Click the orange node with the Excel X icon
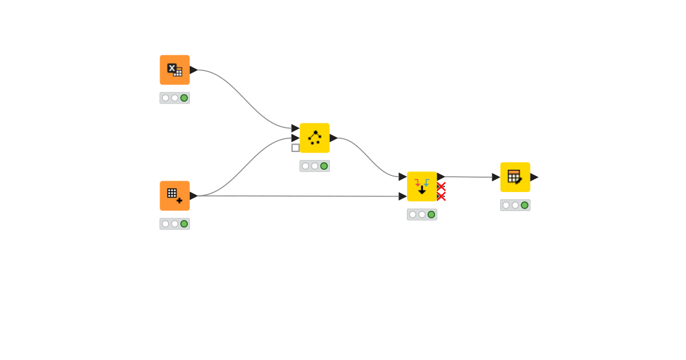174,70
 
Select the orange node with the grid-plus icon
174,195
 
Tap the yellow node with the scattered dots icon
314,138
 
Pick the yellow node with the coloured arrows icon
422,186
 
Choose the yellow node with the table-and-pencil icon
515,177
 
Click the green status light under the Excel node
184,98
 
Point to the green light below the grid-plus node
184,223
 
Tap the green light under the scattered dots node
324,166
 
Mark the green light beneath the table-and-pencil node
525,205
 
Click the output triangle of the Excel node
193,70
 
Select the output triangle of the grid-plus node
193,195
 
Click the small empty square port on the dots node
296,147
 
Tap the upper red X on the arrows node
441,186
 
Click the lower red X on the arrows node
441,196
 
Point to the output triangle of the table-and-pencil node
534,177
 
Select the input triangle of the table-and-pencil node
496,177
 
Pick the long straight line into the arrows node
297,196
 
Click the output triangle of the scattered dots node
333,138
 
